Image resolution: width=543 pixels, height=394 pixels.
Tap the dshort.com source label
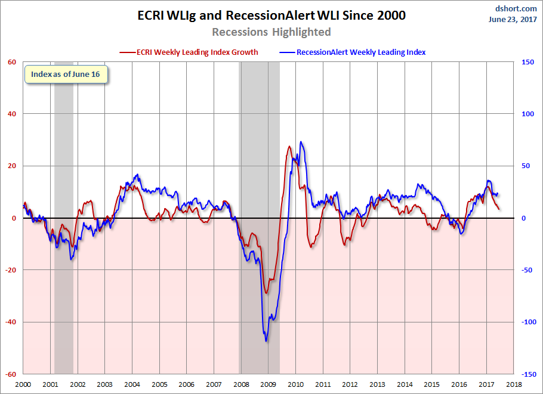516,8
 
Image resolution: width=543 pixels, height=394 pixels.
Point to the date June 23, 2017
514,19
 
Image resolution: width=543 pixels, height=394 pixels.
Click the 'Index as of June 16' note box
66,74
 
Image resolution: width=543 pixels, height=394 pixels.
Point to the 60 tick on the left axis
12,62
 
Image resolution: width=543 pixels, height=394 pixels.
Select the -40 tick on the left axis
11,322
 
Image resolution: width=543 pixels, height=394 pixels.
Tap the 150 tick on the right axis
527,62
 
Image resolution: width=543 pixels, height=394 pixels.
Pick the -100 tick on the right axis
526,322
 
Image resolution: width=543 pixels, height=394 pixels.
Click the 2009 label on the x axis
268,385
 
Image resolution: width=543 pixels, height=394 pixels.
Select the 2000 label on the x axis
23,385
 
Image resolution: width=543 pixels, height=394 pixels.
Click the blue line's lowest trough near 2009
266,341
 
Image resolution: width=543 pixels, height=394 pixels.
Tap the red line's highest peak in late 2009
289,146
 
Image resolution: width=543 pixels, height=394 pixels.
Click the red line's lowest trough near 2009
266,293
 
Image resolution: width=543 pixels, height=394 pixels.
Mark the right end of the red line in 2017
499,209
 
